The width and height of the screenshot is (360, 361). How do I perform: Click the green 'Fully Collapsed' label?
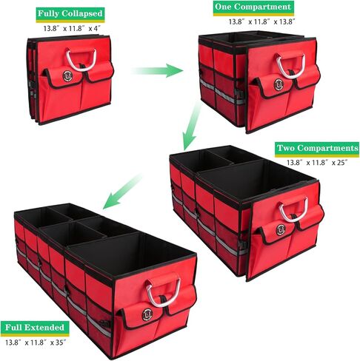[x=70, y=14]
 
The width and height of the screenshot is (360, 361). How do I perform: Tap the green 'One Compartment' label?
[x=253, y=7]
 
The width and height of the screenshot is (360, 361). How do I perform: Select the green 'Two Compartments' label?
[x=317, y=149]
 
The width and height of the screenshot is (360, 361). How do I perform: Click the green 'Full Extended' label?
[x=35, y=328]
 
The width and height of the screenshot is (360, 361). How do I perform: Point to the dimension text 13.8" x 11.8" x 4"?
[x=72, y=28]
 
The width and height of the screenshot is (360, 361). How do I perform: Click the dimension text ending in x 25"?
[x=317, y=163]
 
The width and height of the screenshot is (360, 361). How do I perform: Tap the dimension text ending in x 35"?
[x=36, y=343]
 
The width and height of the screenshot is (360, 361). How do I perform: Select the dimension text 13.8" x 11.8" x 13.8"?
[x=261, y=21]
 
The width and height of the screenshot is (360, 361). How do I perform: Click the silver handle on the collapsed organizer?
[x=81, y=60]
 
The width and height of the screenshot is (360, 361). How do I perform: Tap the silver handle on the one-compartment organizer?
[x=290, y=66]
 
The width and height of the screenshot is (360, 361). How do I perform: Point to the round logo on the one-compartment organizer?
[x=278, y=84]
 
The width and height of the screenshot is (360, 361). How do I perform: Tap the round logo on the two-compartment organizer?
[x=281, y=230]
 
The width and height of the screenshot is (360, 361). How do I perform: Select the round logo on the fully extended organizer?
[x=147, y=314]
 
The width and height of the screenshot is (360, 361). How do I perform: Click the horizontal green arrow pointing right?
[x=157, y=70]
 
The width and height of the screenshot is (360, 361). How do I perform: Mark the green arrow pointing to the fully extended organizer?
[x=122, y=191]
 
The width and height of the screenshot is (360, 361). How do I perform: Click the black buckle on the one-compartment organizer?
[x=240, y=95]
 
